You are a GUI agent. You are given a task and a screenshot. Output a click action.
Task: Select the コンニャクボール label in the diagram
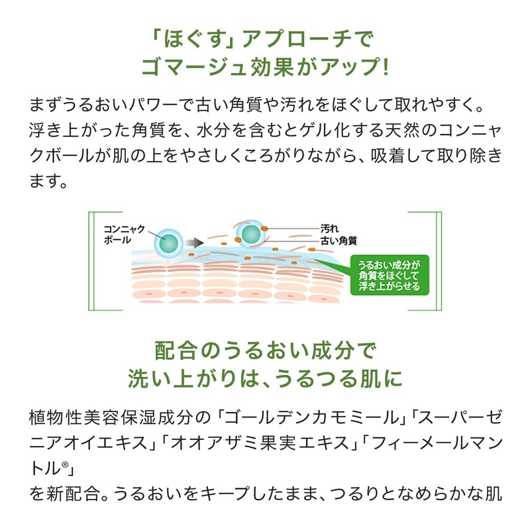click(127, 234)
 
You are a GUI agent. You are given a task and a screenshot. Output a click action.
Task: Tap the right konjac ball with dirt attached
click(251, 233)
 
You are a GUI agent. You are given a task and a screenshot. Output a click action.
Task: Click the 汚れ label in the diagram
click(329, 227)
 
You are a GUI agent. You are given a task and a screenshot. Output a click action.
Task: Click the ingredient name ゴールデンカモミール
click(313, 418)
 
